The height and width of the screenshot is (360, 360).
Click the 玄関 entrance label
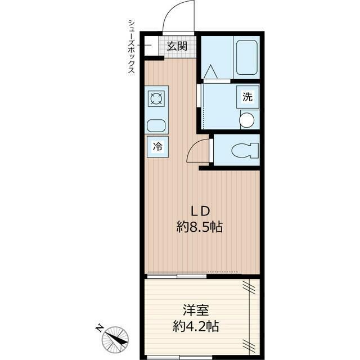(177, 47)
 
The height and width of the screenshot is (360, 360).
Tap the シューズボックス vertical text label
(132, 47)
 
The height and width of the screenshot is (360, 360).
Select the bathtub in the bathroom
(247, 57)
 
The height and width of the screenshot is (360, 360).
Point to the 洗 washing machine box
(247, 97)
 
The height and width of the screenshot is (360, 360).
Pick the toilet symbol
(245, 151)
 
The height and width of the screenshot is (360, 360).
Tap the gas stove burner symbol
(156, 98)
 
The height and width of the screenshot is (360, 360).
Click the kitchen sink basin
(156, 126)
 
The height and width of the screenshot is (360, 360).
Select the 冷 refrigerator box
(157, 147)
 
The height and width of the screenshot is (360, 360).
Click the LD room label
(201, 211)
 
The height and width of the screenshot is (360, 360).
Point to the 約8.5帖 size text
(199, 227)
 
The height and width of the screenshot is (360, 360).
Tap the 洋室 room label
(196, 310)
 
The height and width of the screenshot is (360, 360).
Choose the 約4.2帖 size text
(196, 326)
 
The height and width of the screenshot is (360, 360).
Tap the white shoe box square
(151, 46)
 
